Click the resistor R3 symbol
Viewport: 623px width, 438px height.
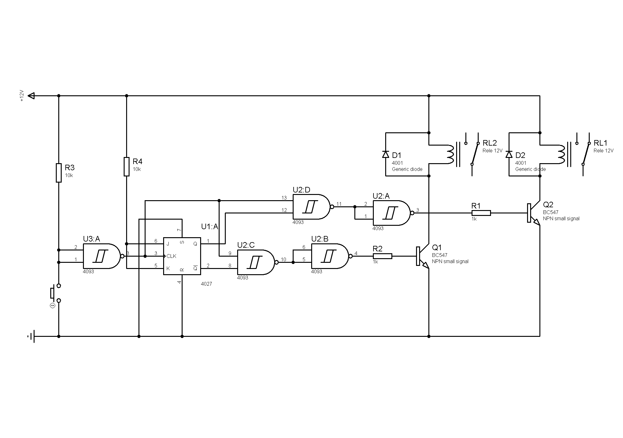tap(59, 173)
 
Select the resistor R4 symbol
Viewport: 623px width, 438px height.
tap(126, 167)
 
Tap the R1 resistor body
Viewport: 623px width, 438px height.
tap(481, 213)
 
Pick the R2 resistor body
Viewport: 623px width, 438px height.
tap(382, 256)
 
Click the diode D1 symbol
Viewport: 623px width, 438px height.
tap(386, 154)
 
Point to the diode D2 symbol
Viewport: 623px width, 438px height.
tap(509, 154)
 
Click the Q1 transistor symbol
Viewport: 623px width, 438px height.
tap(423, 256)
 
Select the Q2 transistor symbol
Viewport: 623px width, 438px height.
tap(534, 213)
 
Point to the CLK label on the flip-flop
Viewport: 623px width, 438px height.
tap(171, 256)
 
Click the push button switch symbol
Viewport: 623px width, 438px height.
tap(56, 293)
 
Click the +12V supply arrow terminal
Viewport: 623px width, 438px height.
tap(31, 96)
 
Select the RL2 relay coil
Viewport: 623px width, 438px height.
tap(451, 154)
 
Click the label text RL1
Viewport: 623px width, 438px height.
tap(600, 143)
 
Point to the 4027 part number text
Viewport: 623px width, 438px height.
tap(206, 284)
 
